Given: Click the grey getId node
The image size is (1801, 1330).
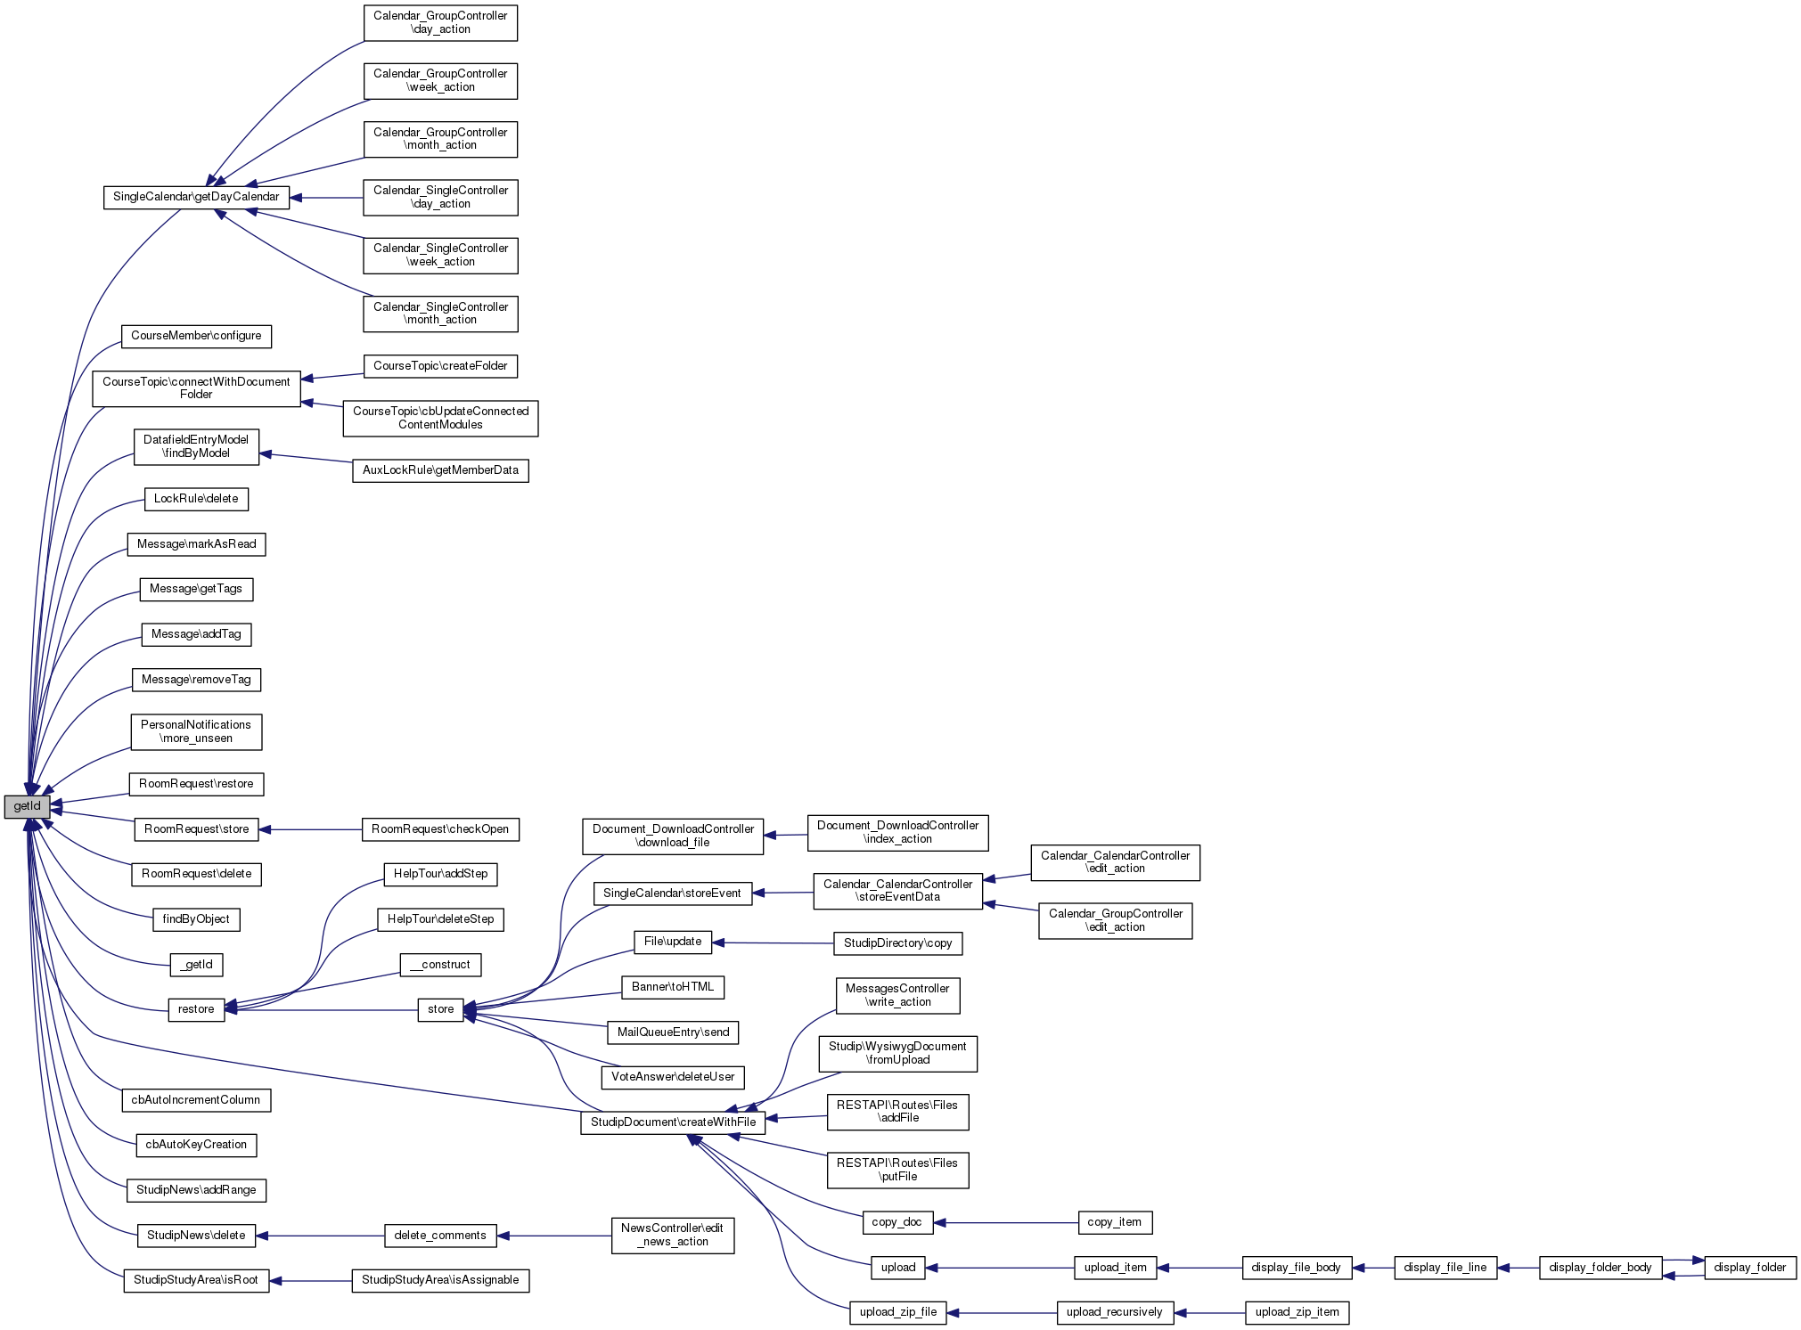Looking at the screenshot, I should coord(27,807).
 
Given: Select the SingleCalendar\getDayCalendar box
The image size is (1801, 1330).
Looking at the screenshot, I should coord(196,197).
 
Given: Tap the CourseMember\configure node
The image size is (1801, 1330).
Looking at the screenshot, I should coord(196,336).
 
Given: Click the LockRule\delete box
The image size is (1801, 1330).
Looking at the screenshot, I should coord(196,499).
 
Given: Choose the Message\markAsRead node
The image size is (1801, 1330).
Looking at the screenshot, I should coord(196,544).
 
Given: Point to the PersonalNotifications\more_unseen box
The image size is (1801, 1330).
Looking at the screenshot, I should coord(196,731).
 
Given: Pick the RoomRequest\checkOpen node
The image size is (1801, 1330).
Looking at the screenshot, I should coord(440,829).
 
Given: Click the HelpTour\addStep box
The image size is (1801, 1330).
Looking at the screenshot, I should coord(440,874).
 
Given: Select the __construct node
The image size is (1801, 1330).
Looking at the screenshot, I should coord(440,965).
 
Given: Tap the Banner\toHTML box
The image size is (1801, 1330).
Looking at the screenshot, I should coord(673,987).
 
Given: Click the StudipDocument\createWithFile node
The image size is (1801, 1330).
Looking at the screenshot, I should coord(673,1122).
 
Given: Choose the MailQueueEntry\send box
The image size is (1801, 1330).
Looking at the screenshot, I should coord(673,1032).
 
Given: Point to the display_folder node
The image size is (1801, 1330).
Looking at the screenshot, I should coord(1749,1268).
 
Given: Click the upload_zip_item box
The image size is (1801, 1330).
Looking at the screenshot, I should coord(1297,1312).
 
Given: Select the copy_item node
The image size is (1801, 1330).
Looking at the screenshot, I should coord(1114,1222).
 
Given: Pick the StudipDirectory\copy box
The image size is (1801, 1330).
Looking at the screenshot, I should coord(897,943).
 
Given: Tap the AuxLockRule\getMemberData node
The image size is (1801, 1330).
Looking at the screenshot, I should coord(440,470).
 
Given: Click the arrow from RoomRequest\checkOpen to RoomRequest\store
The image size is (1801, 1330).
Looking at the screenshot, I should coord(312,829).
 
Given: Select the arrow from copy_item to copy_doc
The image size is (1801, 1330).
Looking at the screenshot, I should coord(1007,1222).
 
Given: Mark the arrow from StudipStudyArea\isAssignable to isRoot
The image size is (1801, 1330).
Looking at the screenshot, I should coord(312,1281).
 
